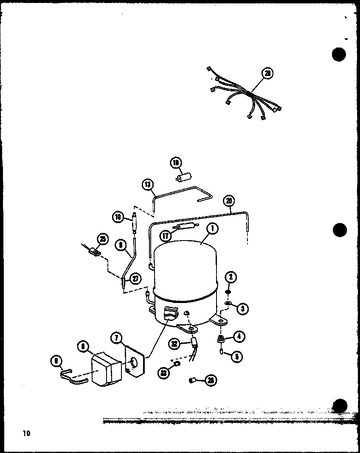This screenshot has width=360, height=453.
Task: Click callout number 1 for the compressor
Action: pyautogui.click(x=212, y=229)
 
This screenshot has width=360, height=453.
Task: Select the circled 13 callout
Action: pyautogui.click(x=147, y=184)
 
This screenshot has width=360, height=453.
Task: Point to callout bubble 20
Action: pyautogui.click(x=229, y=201)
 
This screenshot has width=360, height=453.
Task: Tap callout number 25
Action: pyautogui.click(x=102, y=239)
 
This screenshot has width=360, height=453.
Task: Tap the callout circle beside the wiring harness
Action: pyautogui.click(x=267, y=74)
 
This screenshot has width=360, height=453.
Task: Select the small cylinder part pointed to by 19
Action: pyautogui.click(x=185, y=177)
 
